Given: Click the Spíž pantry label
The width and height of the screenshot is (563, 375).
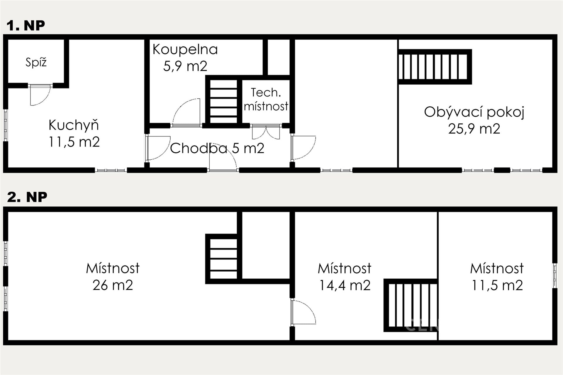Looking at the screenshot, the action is (x=36, y=62).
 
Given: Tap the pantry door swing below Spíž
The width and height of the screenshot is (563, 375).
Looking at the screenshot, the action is (x=40, y=95).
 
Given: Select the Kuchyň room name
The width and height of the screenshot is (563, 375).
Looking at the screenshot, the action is (x=74, y=125).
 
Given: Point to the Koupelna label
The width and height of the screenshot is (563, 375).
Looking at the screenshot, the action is (x=185, y=49).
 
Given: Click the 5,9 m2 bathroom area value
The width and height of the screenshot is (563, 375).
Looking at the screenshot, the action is (x=185, y=66).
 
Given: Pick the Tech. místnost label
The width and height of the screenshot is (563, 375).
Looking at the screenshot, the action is (x=266, y=99).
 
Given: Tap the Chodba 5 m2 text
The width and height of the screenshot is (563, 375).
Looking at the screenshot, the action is (x=217, y=148).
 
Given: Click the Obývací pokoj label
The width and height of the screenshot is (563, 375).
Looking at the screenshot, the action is (x=474, y=112).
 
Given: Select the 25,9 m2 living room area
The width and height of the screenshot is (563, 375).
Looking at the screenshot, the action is (x=474, y=129).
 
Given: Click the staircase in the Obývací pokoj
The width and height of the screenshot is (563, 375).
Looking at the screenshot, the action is (x=435, y=67).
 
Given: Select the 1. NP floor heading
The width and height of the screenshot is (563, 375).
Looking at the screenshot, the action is (x=26, y=25).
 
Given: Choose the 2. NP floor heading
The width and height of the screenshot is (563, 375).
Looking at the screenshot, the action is (x=27, y=197).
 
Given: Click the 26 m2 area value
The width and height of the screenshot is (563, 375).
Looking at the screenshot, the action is (x=113, y=285).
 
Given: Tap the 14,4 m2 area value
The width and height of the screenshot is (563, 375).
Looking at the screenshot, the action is (x=345, y=285).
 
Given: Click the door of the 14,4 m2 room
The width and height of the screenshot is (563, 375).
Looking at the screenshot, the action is (x=303, y=312).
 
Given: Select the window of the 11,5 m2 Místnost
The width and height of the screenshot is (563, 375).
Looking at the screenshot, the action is (x=555, y=276).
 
